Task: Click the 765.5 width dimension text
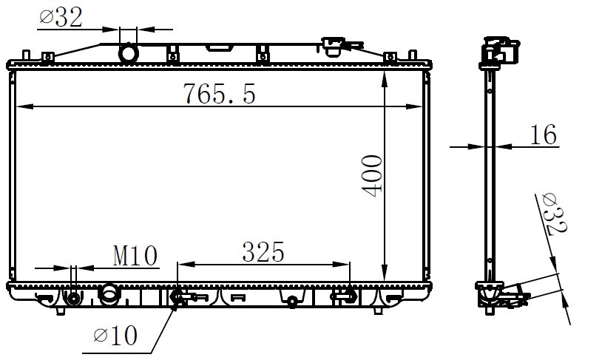click(x=219, y=94)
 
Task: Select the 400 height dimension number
click(x=372, y=176)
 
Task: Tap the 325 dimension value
click(x=263, y=252)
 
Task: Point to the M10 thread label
click(x=135, y=256)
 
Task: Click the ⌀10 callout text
click(x=115, y=336)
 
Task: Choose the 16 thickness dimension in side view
click(x=544, y=135)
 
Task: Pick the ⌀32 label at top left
click(x=61, y=17)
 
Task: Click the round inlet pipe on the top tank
click(x=128, y=53)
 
